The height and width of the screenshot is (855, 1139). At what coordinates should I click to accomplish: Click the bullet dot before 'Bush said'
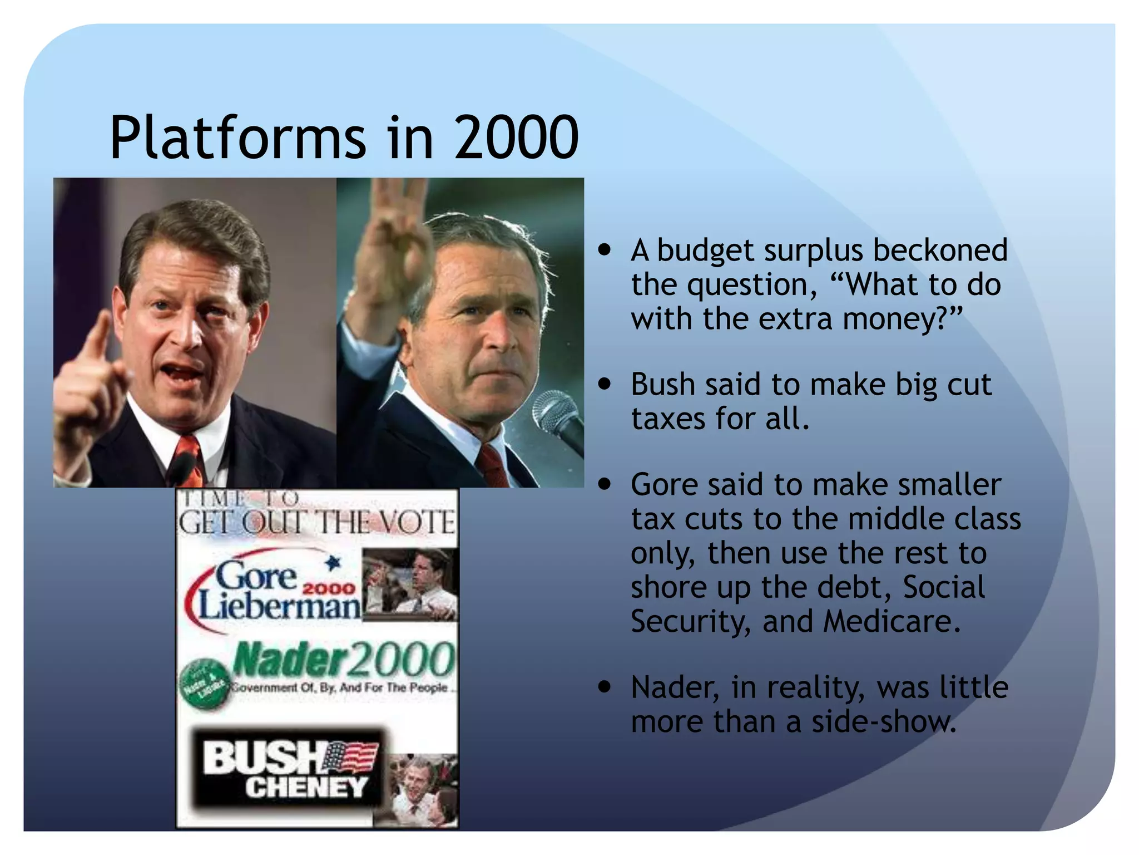605,384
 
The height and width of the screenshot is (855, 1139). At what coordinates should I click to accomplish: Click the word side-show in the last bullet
884,721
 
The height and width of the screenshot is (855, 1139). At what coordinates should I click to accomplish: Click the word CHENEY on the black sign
306,787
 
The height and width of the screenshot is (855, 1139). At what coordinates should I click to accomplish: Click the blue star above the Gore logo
333,563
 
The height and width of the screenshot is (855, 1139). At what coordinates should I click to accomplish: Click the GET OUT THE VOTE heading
316,522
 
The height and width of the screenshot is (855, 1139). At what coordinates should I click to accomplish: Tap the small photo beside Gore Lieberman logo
410,584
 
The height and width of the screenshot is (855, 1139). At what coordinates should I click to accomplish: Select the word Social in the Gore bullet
943,587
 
